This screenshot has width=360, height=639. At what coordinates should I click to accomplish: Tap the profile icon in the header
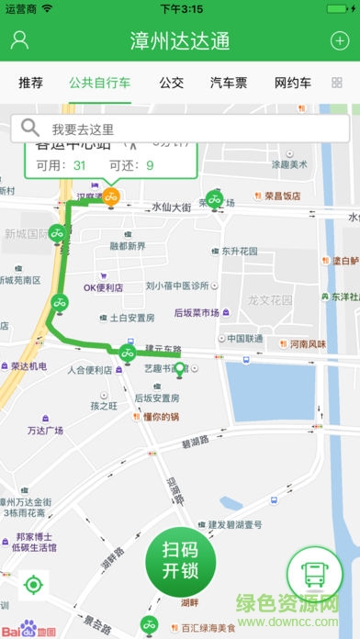(20, 40)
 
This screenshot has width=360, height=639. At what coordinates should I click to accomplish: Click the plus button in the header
(338, 40)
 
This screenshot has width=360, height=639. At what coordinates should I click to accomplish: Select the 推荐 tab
(30, 83)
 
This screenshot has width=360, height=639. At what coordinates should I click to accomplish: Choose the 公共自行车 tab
(99, 83)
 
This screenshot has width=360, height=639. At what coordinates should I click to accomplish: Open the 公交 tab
(171, 83)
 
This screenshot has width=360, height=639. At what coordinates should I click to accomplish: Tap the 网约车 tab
(293, 83)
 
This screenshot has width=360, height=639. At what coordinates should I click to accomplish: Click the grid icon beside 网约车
(336, 83)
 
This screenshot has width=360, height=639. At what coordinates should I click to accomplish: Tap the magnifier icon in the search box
(30, 129)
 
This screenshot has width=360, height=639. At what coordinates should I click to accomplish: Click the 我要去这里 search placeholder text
(83, 129)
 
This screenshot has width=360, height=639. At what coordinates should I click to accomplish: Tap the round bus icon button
(314, 574)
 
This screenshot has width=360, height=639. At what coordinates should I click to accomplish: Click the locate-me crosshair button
(33, 584)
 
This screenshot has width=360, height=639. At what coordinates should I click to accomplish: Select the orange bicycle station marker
(111, 196)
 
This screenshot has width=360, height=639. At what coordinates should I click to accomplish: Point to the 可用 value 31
(79, 165)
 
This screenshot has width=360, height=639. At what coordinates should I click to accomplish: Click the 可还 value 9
(149, 165)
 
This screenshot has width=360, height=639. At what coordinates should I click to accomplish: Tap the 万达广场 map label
(44, 430)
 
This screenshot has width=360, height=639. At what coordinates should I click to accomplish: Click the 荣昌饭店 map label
(282, 196)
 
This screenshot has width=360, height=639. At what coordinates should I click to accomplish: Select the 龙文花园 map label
(269, 299)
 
